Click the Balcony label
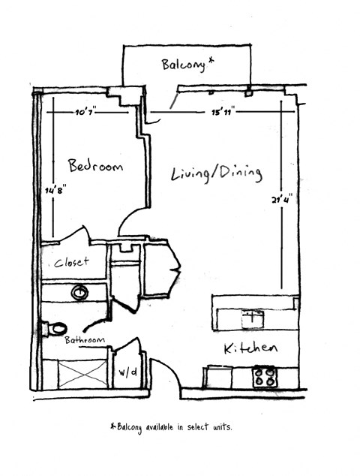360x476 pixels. (184, 65)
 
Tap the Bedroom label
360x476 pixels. (94, 166)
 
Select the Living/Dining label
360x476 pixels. (216, 173)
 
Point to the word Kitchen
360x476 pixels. (250, 349)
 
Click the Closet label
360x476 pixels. (71, 262)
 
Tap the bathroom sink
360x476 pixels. (79, 291)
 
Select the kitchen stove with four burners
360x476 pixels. (263, 376)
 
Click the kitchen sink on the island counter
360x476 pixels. (252, 318)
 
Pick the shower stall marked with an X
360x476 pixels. (82, 373)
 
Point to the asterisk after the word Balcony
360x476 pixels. (211, 62)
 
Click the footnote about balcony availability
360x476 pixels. (171, 426)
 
